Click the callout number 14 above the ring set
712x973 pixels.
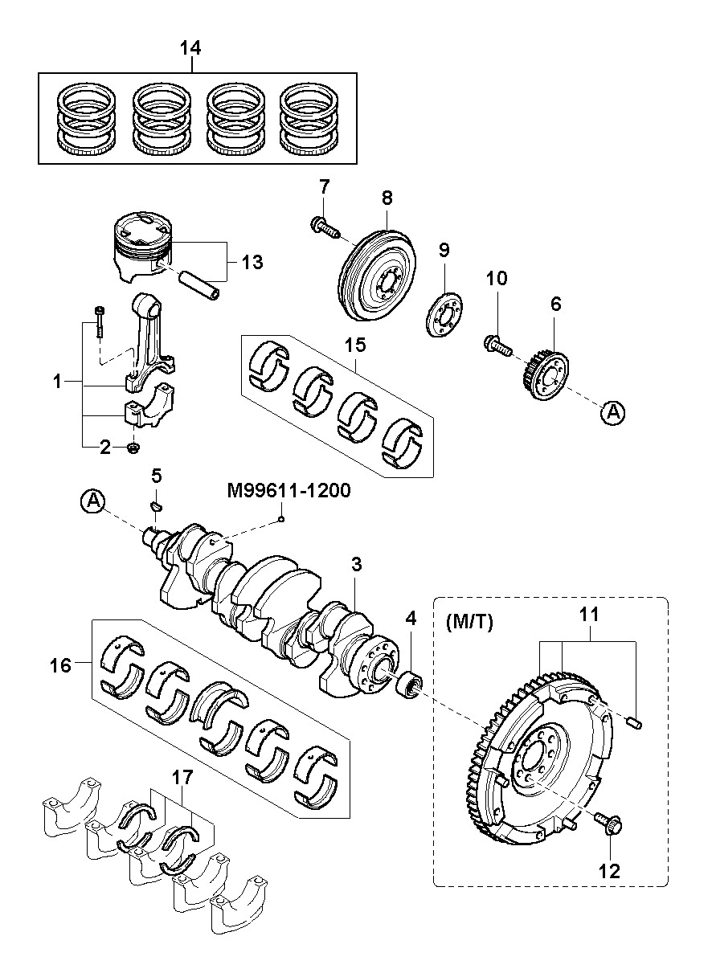pos(190,47)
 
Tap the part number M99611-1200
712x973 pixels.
pos(288,490)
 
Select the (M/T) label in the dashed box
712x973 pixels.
pos(469,623)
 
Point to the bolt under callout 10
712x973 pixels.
pos(497,345)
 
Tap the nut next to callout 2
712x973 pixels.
pos(133,447)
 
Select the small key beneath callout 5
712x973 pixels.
pos(156,505)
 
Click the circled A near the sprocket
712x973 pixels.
pos(613,411)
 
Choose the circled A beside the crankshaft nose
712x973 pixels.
pos(92,501)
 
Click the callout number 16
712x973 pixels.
pos(60,665)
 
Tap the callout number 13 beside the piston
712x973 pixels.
pos(252,262)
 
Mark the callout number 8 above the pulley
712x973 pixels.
pos(387,198)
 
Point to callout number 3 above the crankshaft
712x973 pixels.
pos(356,564)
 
